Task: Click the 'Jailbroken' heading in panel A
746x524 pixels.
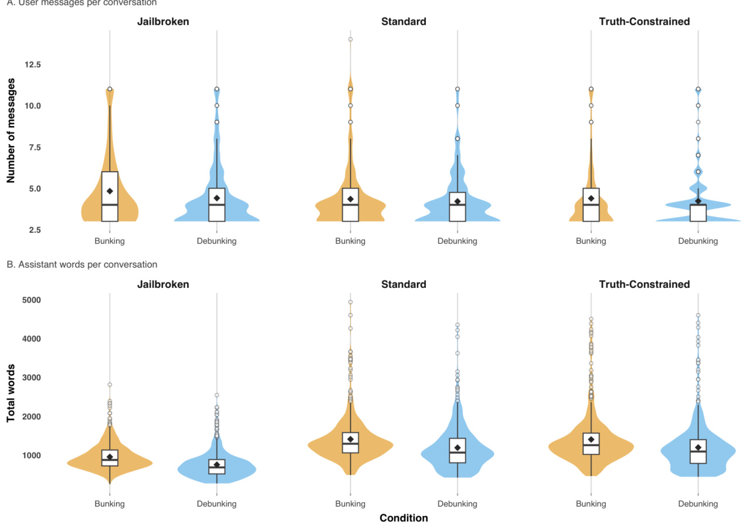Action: click(163, 22)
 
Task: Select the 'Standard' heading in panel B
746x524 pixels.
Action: click(403, 285)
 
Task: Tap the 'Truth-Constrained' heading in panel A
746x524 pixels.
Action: click(644, 22)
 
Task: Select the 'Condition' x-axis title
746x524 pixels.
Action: click(403, 518)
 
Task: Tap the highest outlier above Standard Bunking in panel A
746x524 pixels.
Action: click(351, 39)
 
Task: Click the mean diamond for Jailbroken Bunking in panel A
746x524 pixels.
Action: click(110, 191)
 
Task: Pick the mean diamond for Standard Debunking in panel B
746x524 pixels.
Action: click(457, 448)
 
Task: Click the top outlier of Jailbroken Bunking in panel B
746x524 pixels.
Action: click(110, 385)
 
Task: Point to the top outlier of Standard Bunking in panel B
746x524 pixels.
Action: click(351, 302)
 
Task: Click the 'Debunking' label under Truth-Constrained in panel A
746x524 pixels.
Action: click(698, 241)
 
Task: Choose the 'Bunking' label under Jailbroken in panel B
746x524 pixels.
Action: click(110, 504)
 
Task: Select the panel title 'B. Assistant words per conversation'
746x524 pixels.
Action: click(82, 265)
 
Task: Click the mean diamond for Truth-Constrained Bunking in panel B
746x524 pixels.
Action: click(591, 440)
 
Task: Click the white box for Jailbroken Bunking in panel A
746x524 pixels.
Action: click(110, 196)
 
